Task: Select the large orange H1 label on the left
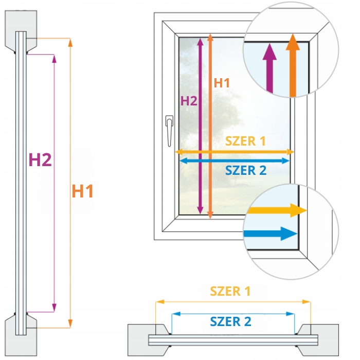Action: [x=83, y=191]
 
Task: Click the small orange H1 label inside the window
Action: [x=222, y=82]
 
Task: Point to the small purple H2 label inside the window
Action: [x=189, y=101]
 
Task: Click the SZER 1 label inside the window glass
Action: [x=245, y=141]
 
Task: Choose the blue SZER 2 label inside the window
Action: [x=246, y=171]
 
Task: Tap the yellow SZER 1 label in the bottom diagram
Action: [x=230, y=291]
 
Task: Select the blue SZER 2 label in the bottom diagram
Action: [x=230, y=322]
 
